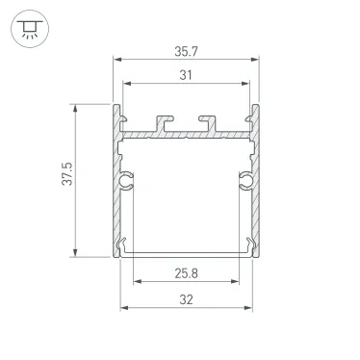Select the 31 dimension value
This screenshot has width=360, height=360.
point(187,77)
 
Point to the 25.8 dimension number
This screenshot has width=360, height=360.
point(187,273)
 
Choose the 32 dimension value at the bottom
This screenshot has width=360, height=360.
point(187,298)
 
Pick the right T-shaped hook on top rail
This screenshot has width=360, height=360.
point(209,122)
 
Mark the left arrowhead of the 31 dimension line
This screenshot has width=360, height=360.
point(126,89)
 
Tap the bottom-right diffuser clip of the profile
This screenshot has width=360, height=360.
point(253,245)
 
